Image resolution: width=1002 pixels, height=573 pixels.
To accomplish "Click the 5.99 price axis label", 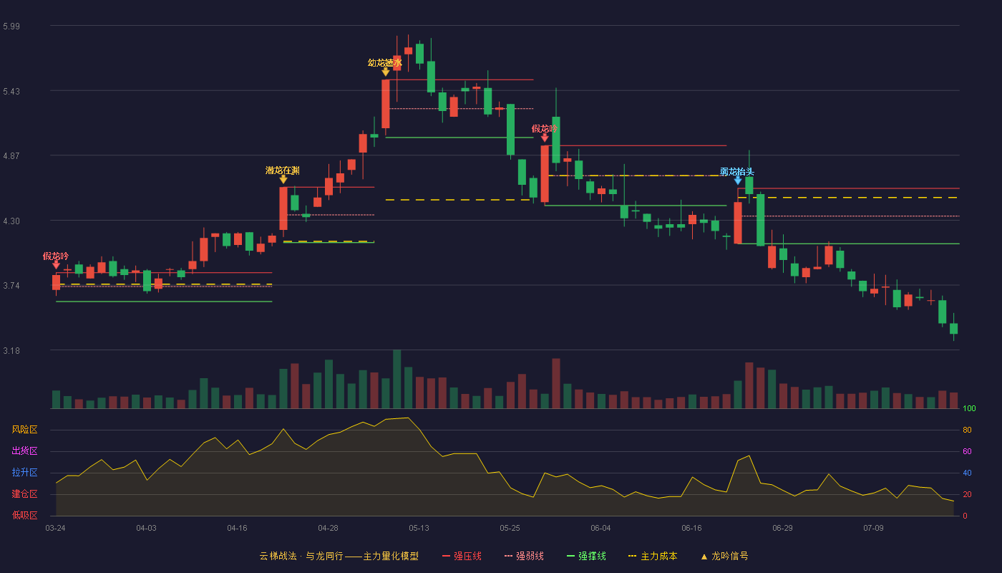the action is [11, 27].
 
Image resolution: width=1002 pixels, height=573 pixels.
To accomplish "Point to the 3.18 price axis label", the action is [11, 351].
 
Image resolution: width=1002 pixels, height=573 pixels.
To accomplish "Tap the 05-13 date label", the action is [419, 529].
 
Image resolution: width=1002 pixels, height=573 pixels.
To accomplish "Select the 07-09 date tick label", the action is [873, 529].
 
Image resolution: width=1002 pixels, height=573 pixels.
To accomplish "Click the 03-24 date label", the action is [56, 529].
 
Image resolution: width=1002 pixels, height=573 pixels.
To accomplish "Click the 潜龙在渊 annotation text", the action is [282, 170].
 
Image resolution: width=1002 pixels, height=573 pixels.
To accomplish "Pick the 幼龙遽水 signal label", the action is [385, 63].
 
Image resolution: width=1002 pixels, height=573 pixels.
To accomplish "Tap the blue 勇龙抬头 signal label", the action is [736, 172].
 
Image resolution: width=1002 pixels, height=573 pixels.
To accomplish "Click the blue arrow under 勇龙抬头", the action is [738, 180].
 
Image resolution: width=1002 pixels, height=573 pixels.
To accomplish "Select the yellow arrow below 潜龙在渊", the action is [283, 180].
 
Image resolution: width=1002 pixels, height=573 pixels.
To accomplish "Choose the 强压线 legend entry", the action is [462, 556].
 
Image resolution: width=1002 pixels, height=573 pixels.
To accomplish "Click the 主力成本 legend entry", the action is [653, 556].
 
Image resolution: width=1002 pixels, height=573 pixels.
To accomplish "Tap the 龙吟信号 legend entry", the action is [724, 556].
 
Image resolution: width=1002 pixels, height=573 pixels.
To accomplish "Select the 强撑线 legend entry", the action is [586, 556].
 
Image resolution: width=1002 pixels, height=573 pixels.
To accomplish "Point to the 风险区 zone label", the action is [24, 430].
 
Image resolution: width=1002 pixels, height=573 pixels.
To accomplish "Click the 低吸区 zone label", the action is [24, 516].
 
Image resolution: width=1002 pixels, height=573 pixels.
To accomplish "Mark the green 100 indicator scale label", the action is [969, 408].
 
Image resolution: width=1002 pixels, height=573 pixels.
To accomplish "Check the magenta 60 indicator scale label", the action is [967, 451].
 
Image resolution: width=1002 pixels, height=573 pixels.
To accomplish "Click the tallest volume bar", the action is [397, 379].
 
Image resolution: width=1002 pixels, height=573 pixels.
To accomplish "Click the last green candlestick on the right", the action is [953, 328].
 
